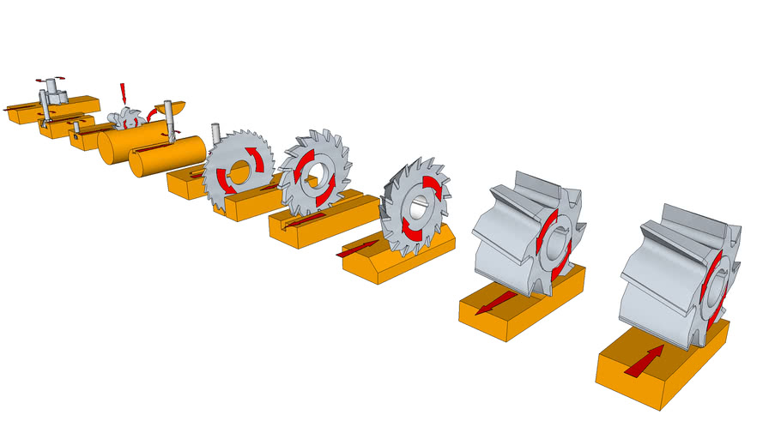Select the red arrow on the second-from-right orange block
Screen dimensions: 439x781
495,302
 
